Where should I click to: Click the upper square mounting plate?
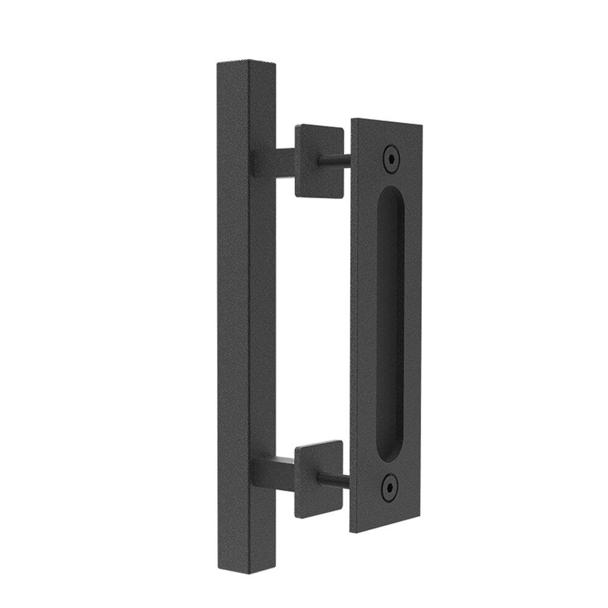tap(319, 161)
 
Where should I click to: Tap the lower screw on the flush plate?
tap(390, 486)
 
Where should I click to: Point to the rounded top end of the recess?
tap(391, 193)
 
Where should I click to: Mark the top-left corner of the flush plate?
tap(353, 119)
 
